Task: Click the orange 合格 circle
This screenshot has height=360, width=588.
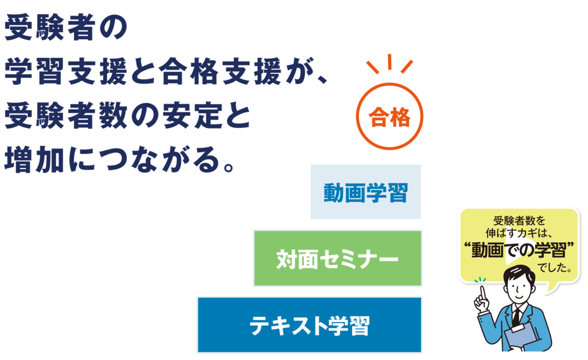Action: tap(390, 84)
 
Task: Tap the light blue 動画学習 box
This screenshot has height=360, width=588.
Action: tap(366, 192)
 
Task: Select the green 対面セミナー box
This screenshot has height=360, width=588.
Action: tap(338, 259)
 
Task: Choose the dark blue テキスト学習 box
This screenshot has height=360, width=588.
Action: tap(309, 325)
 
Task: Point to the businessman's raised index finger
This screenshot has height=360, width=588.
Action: tap(482, 292)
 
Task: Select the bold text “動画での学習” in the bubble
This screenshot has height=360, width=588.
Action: tap(519, 250)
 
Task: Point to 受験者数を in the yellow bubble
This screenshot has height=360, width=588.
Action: tap(519, 221)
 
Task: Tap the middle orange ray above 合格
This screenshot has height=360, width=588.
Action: tap(390, 62)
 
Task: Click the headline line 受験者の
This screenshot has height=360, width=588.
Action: tap(66, 27)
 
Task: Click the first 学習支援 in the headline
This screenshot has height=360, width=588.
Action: tap(66, 71)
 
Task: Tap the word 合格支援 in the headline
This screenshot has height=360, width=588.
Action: tap(220, 71)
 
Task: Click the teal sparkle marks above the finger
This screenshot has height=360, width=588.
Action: tap(480, 280)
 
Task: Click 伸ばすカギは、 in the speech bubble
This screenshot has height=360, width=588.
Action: tap(519, 233)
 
